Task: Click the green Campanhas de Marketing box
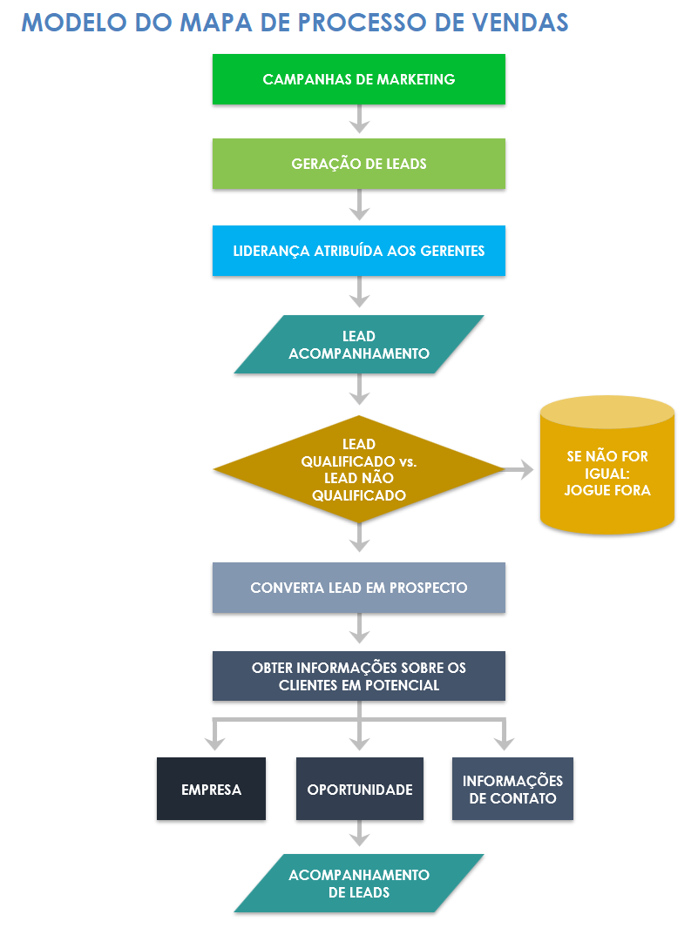click(358, 79)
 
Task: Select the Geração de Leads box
click(358, 164)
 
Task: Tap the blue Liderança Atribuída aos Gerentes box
click(358, 251)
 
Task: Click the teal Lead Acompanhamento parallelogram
click(358, 345)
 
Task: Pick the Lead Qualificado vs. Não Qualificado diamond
click(358, 470)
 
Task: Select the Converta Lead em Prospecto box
click(358, 588)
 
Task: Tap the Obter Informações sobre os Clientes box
click(358, 676)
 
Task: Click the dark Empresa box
click(211, 789)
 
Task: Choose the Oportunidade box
click(359, 789)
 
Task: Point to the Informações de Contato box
click(512, 789)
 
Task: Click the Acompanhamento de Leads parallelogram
click(358, 883)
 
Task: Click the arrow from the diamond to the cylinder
click(519, 470)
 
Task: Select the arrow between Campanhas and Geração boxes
click(359, 118)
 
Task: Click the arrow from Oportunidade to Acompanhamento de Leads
click(359, 834)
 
